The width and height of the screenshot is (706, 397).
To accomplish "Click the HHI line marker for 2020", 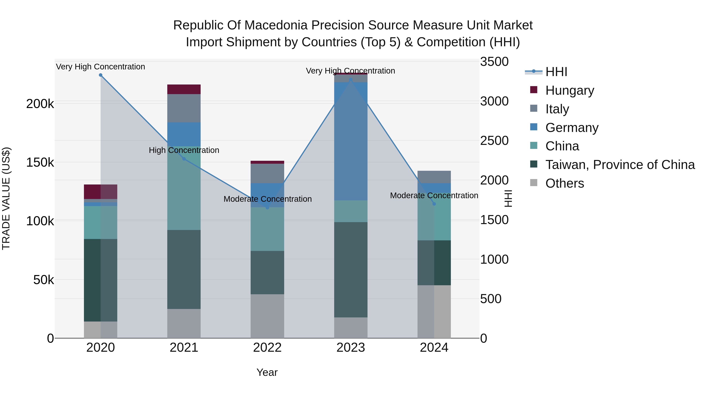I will [101, 75].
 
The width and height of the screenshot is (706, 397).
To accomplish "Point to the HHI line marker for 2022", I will [267, 208].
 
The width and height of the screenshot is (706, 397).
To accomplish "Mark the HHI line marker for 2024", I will [434, 204].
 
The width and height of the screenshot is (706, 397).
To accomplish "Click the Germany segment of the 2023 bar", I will [351, 141].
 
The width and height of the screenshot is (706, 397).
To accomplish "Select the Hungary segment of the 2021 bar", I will [184, 89].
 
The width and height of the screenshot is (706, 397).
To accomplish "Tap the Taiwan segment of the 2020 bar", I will [101, 280].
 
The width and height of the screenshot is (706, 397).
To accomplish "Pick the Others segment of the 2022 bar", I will [267, 316].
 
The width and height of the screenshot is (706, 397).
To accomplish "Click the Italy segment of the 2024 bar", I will [434, 177].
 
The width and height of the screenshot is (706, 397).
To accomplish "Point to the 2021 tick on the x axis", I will [184, 348].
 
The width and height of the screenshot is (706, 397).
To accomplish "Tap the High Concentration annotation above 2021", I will [184, 150].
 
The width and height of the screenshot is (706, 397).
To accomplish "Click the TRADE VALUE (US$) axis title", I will [6, 198].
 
